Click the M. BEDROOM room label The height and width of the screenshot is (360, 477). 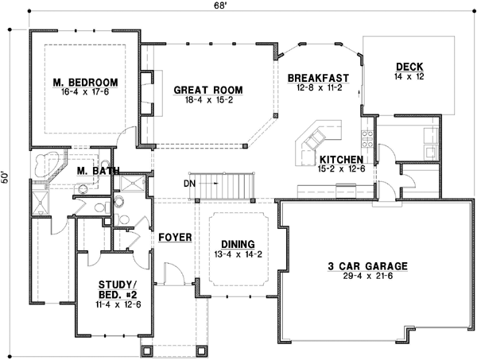[86, 82]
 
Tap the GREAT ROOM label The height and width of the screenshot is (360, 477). [207, 90]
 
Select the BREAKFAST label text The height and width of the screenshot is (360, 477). [319, 77]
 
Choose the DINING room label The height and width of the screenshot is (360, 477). [238, 244]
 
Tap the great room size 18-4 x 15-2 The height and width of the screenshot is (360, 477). [207, 101]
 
